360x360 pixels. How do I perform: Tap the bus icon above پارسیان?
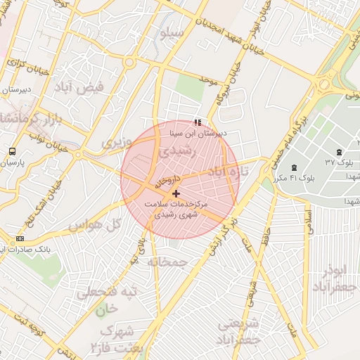coord(13,152)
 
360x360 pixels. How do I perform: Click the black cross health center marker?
coord(175,193)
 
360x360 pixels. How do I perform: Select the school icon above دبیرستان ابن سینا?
coord(197,122)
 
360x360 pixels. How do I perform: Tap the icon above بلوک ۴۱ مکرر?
coord(293,167)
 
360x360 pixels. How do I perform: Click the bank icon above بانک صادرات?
coord(20,239)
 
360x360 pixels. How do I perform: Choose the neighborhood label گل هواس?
coord(95,224)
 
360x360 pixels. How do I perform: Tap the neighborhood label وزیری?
coord(116,143)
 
